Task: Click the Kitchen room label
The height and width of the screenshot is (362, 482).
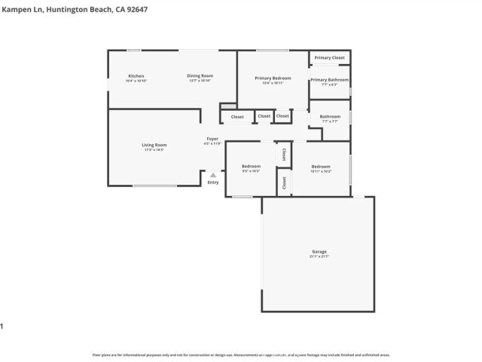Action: [136, 76]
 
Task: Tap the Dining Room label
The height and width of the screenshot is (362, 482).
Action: [200, 75]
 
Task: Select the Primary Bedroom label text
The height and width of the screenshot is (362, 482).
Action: [273, 78]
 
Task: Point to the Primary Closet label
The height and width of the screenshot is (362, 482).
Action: [329, 58]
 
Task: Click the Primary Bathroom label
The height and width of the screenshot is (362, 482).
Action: [329, 80]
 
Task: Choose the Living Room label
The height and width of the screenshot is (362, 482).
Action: [154, 145]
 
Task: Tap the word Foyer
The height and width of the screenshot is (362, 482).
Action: [213, 139]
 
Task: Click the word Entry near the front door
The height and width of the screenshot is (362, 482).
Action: [213, 182]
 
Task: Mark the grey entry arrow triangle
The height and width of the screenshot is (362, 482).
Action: [213, 175]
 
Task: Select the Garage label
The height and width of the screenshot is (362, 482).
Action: [319, 252]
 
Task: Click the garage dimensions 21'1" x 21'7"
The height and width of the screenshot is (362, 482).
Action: [319, 256]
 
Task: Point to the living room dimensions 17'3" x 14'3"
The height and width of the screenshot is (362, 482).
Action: [154, 150]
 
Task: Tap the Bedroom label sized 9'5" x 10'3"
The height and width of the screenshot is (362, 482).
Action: [251, 167]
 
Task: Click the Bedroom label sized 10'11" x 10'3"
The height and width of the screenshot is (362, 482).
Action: [321, 167]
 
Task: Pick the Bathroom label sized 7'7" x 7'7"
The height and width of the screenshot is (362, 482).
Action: [330, 117]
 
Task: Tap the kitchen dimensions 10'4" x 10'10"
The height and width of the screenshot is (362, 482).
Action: [136, 81]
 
